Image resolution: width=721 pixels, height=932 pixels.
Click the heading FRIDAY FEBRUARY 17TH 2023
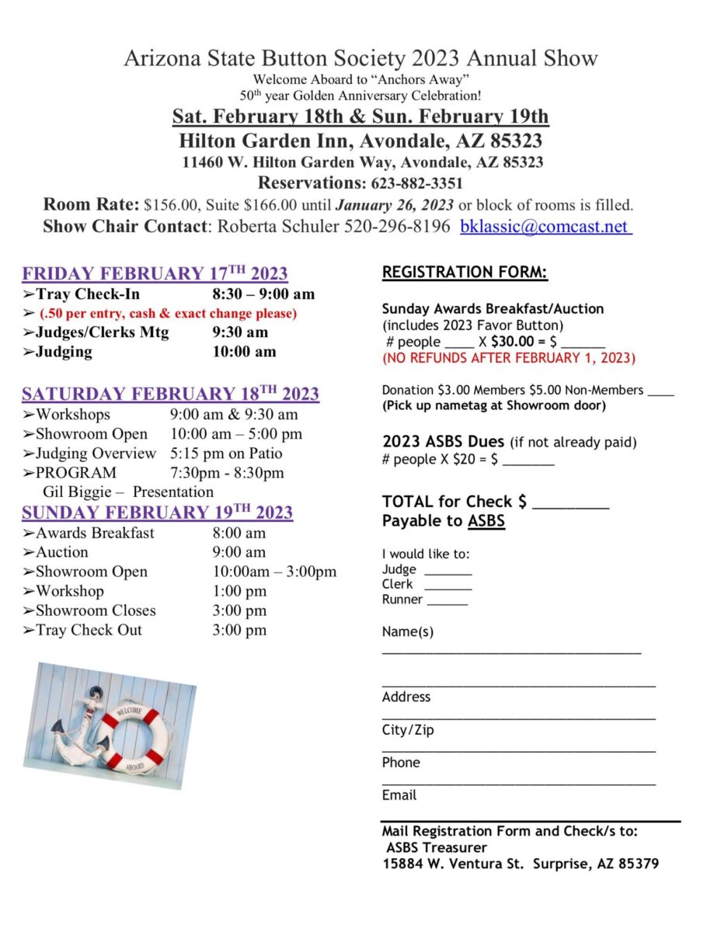coord(155,274)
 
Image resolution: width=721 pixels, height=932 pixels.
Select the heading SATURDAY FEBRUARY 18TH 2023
coord(170,394)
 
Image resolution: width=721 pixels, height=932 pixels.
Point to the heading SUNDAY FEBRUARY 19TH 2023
coord(157,513)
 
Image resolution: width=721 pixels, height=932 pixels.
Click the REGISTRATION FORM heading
coord(465,273)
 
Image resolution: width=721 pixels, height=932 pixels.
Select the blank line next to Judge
coord(448,572)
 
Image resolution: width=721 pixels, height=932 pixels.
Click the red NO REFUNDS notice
coord(508,358)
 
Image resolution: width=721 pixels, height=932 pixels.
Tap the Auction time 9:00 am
coord(239,552)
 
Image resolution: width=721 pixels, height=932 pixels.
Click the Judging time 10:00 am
coord(244,352)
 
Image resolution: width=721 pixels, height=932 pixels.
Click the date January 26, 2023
coord(395,206)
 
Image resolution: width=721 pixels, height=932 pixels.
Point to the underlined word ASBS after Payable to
coord(486,521)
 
